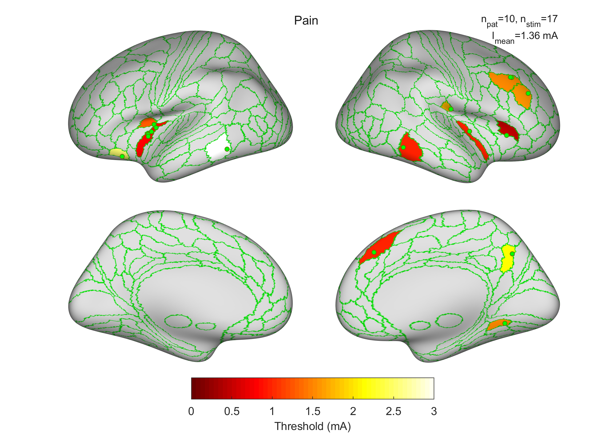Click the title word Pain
point(306,21)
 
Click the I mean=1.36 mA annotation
point(525,37)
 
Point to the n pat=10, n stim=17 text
point(519,20)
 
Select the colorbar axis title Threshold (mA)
point(313,426)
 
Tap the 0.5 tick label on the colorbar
point(232,411)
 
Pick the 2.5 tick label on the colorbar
point(394,411)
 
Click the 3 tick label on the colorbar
point(434,411)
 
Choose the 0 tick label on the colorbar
point(191,411)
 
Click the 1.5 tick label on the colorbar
point(313,411)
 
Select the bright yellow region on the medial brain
point(507,258)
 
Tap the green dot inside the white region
point(227,149)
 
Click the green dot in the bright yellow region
point(512,254)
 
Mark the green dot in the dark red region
point(506,135)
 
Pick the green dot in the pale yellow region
point(122,156)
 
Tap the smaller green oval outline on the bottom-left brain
point(205,326)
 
